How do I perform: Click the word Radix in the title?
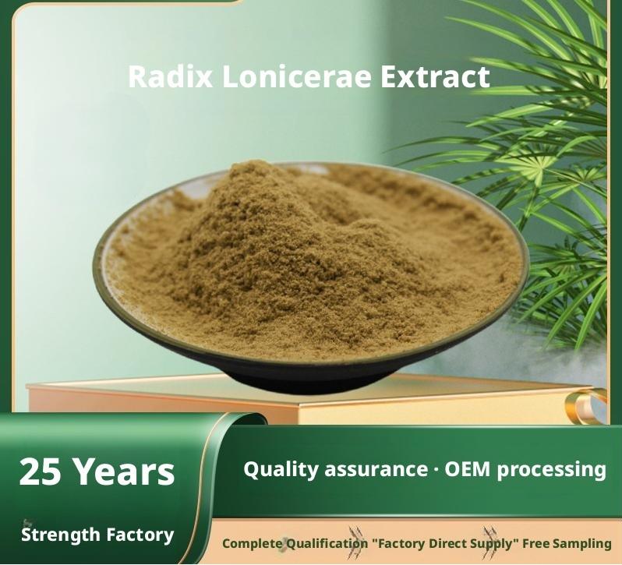(170, 76)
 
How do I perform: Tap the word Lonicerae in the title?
(297, 76)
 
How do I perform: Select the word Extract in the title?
(435, 76)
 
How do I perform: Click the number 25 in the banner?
(40, 471)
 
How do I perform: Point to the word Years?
(124, 471)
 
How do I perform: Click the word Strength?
(60, 535)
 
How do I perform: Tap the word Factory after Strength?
(140, 535)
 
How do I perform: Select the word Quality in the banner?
(281, 470)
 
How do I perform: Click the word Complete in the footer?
(252, 543)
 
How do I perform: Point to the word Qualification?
(327, 543)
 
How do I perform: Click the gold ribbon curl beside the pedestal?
(586, 404)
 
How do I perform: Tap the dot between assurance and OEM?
(436, 471)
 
